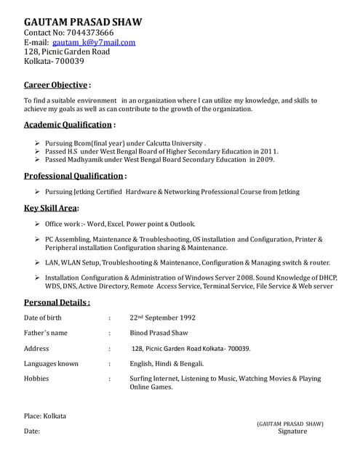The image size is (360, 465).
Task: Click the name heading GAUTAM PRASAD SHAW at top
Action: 83,22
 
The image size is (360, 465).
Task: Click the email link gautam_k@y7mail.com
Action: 94,42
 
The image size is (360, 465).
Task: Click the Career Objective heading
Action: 56,84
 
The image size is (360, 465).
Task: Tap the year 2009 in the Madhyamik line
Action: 263,158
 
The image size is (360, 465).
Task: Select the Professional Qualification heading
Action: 73,176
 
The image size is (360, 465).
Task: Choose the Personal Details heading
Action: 56,302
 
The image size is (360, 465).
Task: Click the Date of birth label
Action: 43,318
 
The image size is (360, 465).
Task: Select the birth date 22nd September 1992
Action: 162,318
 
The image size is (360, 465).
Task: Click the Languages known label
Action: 51,363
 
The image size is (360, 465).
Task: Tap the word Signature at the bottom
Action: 292,431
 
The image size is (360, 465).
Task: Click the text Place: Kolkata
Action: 45,416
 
